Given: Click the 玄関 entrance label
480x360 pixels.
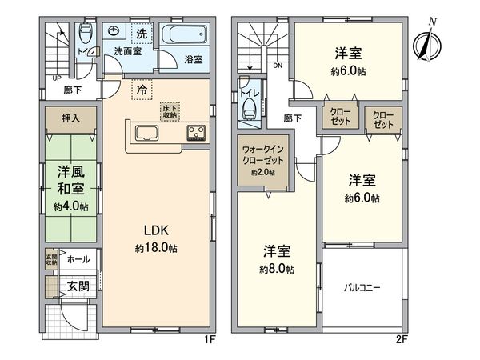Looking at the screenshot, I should coord(78,286).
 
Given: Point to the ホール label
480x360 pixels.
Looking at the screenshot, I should coord(78,260).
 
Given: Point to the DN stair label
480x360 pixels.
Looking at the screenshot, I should coord(278,66).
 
